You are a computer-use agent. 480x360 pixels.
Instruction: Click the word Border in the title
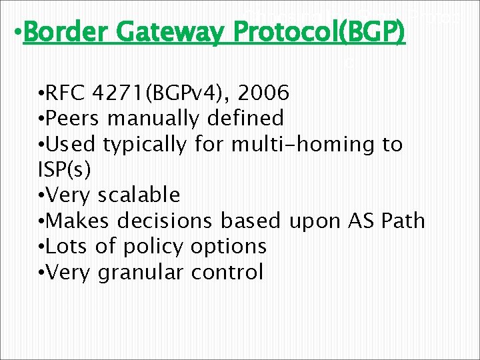(x=59, y=31)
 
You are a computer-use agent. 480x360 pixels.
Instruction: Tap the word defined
(x=244, y=119)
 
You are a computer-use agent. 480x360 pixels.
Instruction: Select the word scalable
(x=139, y=195)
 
